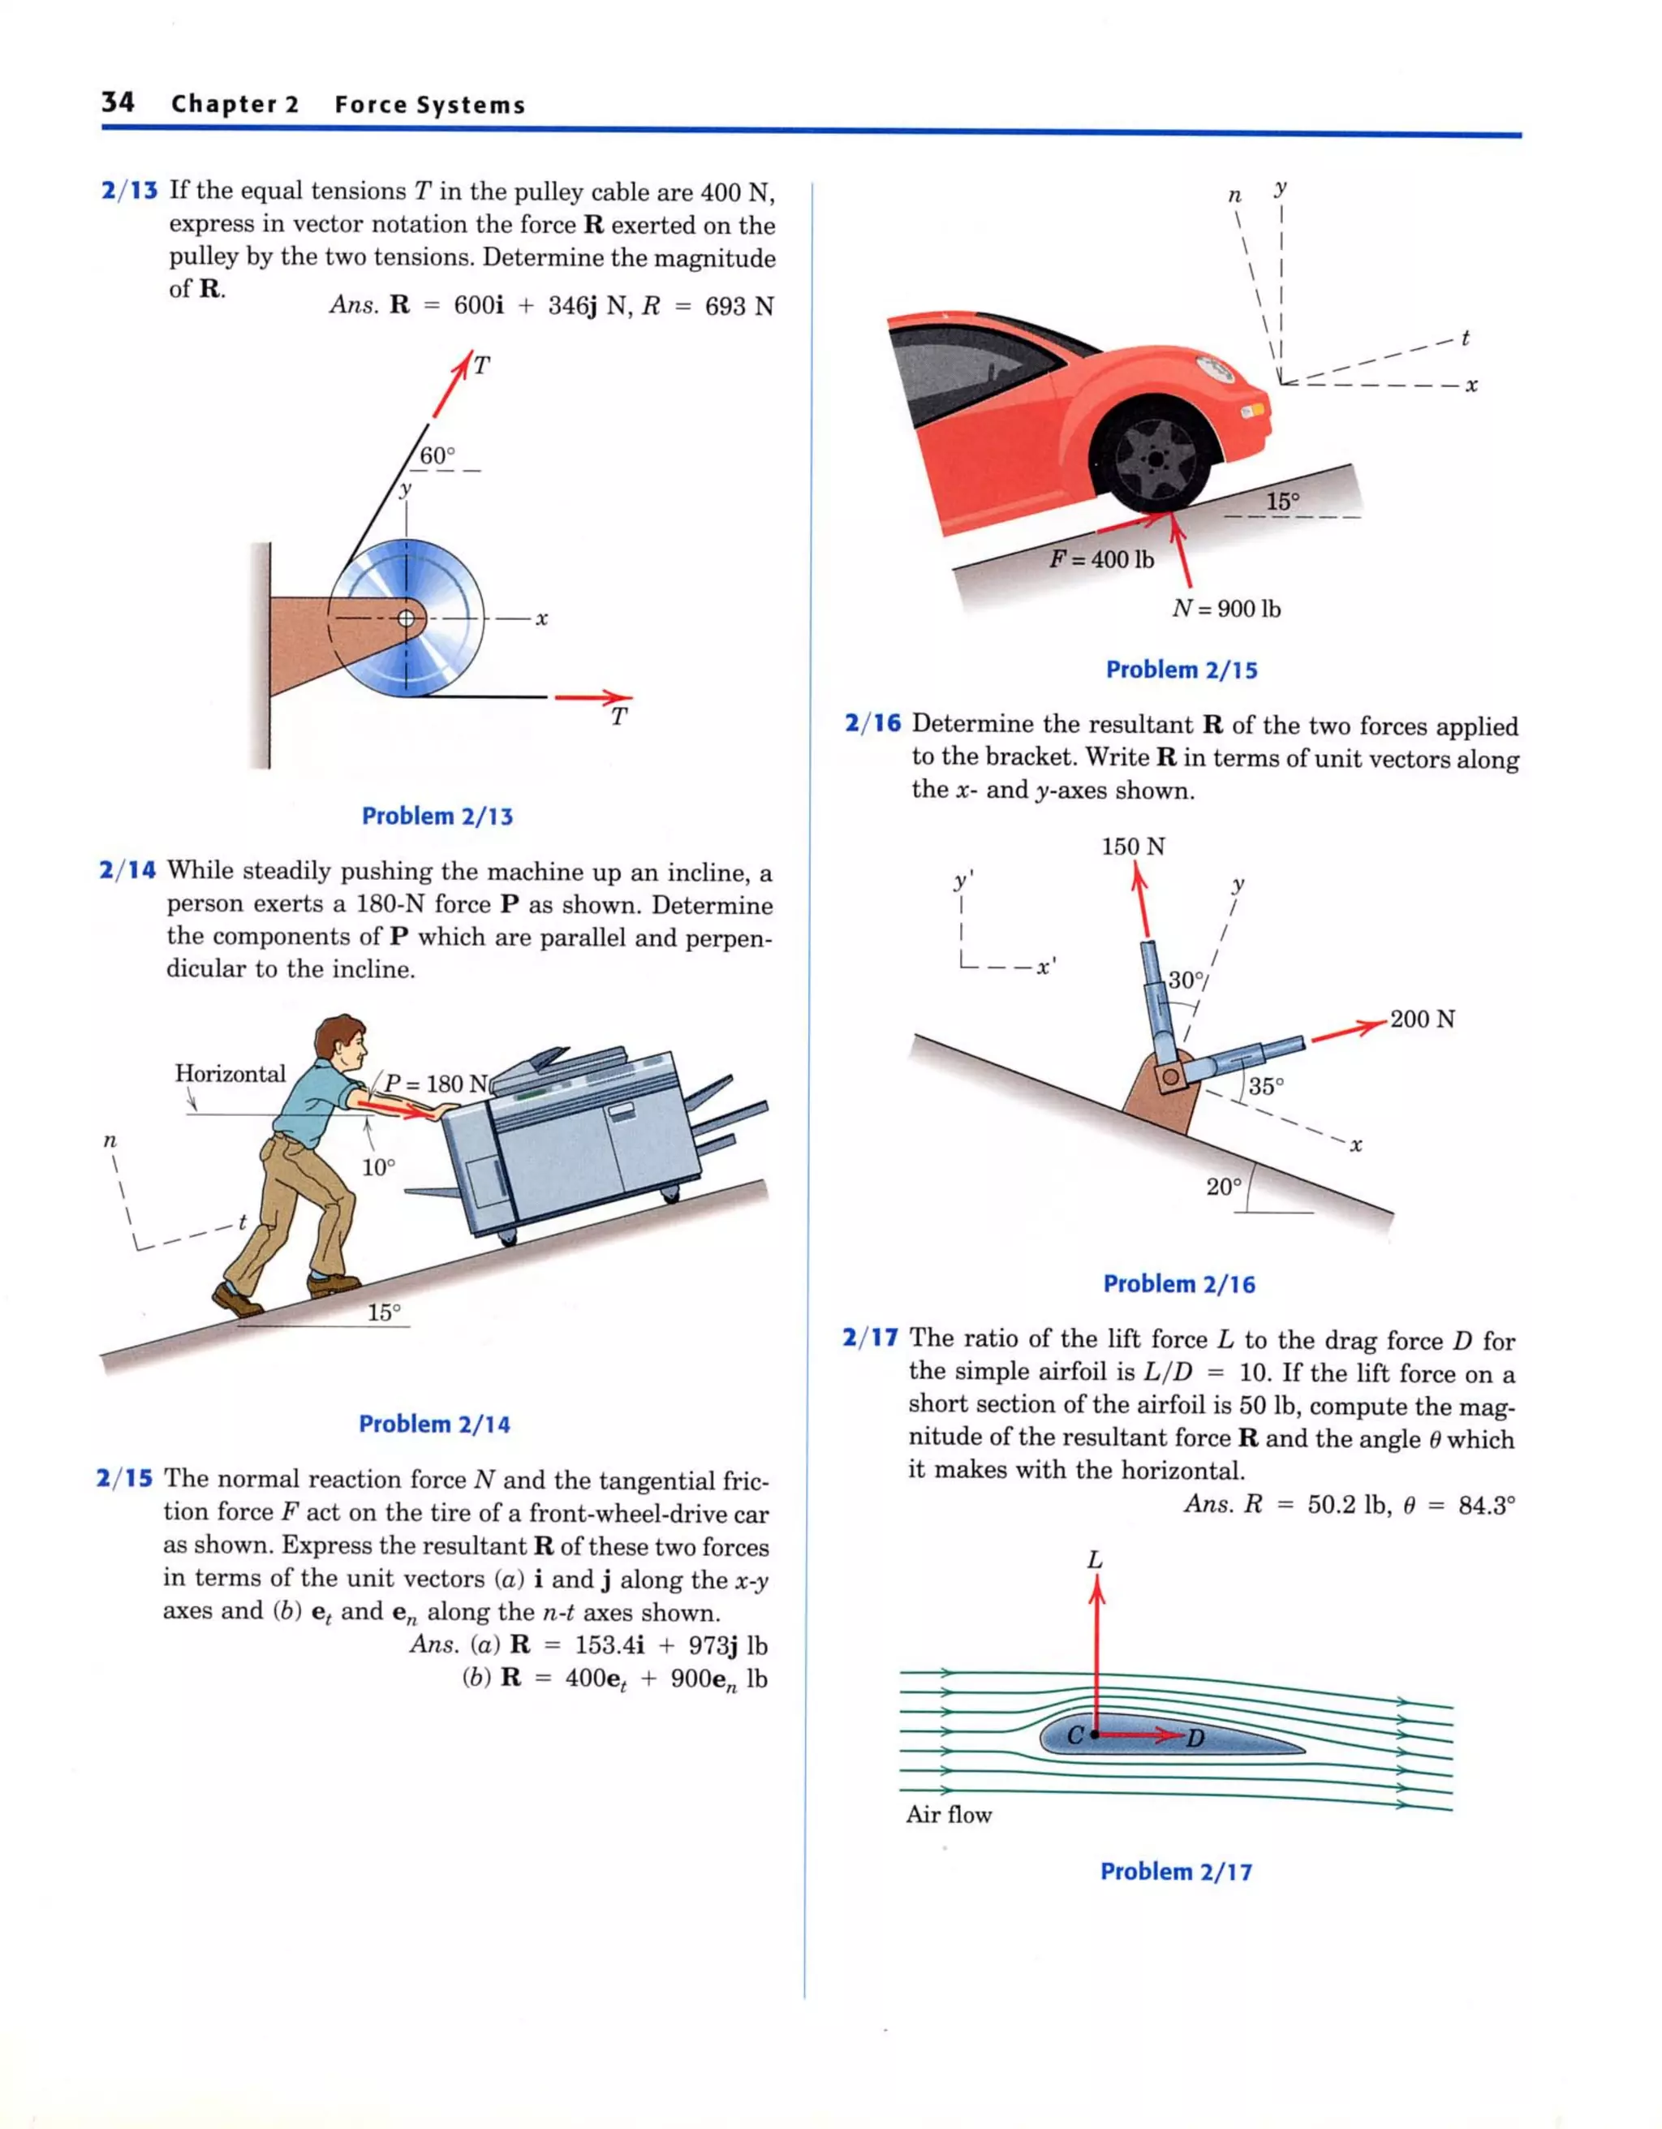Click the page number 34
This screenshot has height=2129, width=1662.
click(x=118, y=102)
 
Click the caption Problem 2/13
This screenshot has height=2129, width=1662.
click(x=437, y=816)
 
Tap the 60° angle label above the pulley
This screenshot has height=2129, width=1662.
click(x=437, y=455)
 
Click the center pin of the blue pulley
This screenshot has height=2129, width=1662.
click(x=407, y=618)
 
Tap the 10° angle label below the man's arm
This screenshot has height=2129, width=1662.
click(x=378, y=1167)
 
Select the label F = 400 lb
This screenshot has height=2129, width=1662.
click(x=1101, y=559)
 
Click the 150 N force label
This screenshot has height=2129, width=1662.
click(x=1133, y=846)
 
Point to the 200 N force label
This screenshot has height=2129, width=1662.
click(x=1423, y=1019)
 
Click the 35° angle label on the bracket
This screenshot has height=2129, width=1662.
click(x=1266, y=1086)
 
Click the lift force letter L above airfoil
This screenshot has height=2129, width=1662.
click(x=1095, y=1560)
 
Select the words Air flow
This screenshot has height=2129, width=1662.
click(x=949, y=1814)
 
